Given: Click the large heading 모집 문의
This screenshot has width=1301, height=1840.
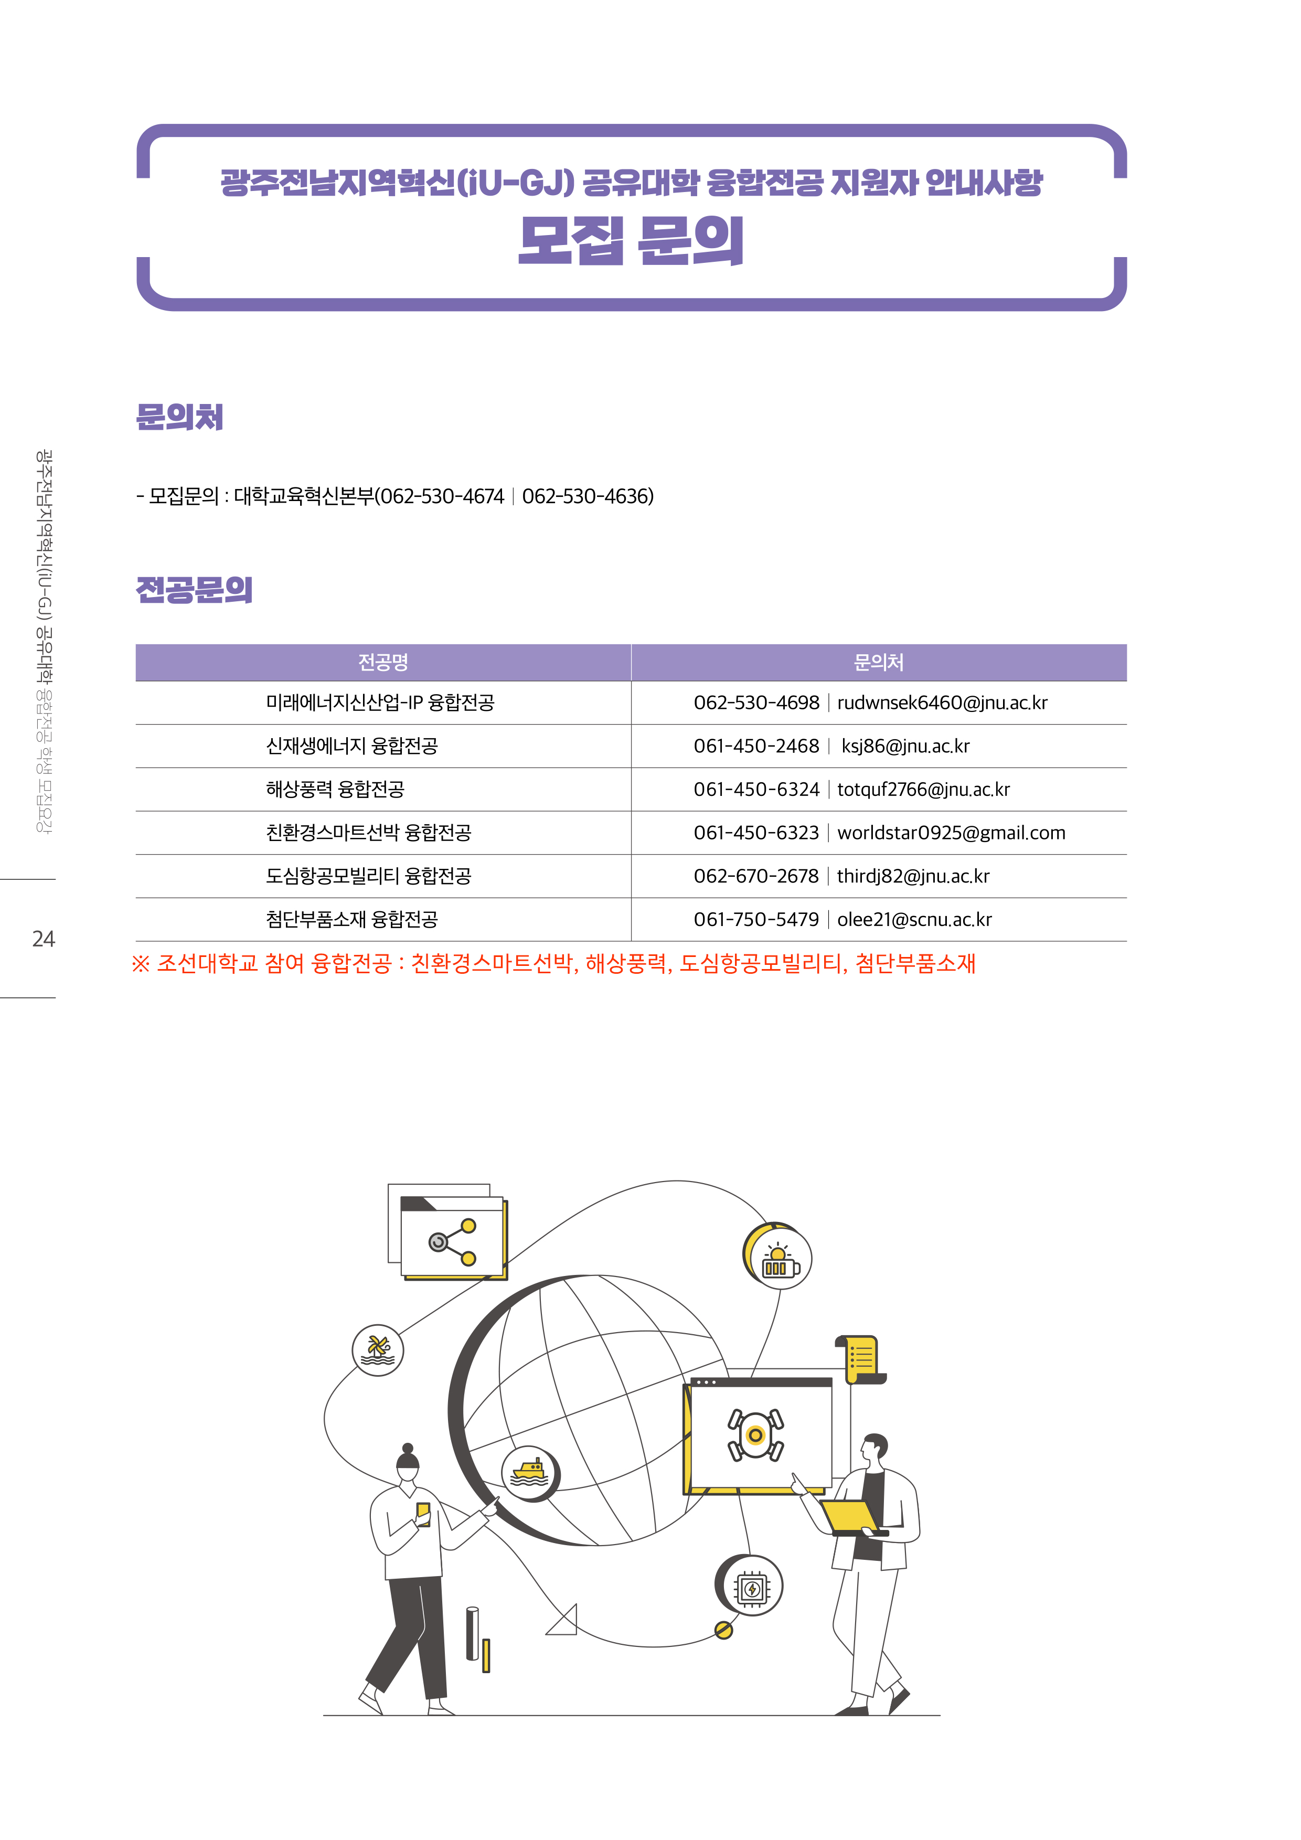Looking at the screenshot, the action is pos(631,240).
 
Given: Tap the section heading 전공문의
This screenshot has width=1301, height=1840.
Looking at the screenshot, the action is pos(194,590).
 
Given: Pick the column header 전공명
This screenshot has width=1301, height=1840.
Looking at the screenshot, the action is pos(383,662).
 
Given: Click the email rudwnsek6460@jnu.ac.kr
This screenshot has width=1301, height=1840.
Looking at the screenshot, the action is pos(942,703).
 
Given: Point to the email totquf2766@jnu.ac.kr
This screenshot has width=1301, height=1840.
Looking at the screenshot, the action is pos(924,790).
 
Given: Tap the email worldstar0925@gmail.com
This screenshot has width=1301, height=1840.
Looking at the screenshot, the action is pos(952,833).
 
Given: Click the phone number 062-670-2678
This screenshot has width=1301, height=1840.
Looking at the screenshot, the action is pos(756,876).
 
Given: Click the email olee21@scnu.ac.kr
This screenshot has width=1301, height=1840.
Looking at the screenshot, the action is pos(914,919).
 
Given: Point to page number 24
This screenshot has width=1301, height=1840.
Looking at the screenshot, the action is pos(43,939).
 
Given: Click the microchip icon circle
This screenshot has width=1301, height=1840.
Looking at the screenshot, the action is pos(751,1585).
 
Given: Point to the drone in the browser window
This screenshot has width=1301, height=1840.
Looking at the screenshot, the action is pos(755,1434).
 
